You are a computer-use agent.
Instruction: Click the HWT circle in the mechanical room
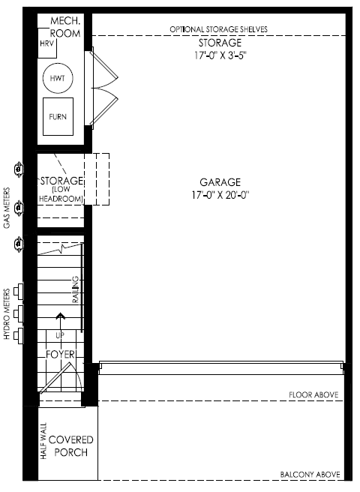[58, 64]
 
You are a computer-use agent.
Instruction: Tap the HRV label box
[47, 43]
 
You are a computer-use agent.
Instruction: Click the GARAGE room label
[220, 182]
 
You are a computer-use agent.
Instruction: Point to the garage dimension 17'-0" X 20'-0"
[220, 195]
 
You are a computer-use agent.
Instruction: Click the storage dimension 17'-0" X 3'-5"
[220, 55]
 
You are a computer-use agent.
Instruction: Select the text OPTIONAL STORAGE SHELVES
[219, 29]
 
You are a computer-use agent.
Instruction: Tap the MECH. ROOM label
[65, 27]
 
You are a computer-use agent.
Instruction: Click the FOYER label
[60, 355]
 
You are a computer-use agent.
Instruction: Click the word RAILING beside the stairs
[76, 289]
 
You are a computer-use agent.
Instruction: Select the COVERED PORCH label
[71, 445]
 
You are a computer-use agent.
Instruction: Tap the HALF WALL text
[43, 441]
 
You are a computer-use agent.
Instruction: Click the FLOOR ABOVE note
[313, 394]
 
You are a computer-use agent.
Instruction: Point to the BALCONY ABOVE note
[310, 475]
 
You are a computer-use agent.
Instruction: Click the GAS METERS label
[7, 208]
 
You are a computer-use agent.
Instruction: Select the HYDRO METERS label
[7, 313]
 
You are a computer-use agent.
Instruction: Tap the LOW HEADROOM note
[61, 194]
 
